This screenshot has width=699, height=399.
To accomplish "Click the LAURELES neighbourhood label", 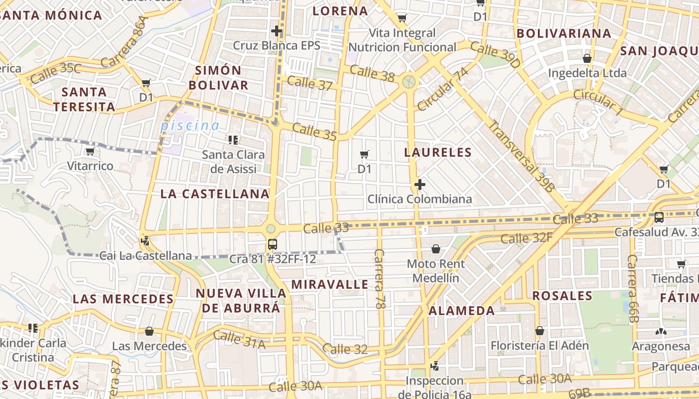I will click(438, 152).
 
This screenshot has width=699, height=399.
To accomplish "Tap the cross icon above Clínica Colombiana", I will click(419, 185).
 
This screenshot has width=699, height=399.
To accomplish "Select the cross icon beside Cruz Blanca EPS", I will click(277, 31).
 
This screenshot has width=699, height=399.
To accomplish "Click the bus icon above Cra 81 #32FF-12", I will click(272, 244).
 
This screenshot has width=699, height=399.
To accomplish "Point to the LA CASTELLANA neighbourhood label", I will click(215, 194).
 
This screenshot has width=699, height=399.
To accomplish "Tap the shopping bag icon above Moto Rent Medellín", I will click(436, 249).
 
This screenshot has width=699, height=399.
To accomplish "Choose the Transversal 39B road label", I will click(521, 156).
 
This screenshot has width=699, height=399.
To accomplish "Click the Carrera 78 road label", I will click(379, 279).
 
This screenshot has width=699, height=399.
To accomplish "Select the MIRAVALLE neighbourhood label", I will click(330, 284).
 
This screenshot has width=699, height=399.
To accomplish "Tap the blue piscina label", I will click(190, 126).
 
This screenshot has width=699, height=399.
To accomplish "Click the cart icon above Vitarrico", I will click(90, 151).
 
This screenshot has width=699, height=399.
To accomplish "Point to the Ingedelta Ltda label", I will click(587, 73).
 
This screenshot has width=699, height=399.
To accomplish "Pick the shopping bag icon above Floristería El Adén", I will click(539, 330).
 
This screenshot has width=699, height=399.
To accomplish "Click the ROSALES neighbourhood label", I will click(562, 295).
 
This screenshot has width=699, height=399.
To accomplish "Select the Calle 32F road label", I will click(526, 238).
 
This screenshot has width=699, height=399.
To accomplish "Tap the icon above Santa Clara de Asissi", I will click(233, 140).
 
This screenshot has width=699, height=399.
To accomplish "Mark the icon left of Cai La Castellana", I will click(145, 241).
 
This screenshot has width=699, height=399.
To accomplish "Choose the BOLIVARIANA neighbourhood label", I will click(564, 33).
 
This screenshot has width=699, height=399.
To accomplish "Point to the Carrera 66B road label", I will click(633, 288).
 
